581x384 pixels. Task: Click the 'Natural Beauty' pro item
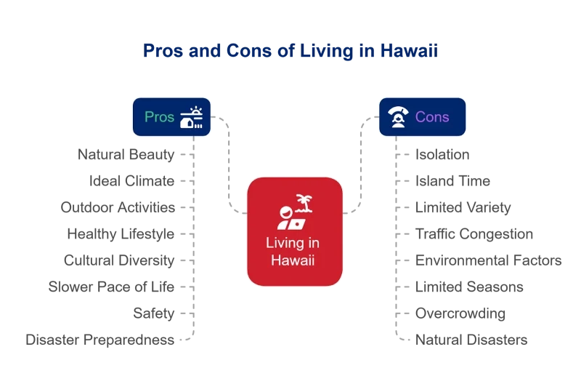[x=126, y=155]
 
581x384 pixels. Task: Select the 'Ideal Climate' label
[x=132, y=181]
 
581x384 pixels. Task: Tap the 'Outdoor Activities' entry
[x=118, y=207]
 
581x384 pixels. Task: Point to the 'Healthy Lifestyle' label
[x=121, y=234]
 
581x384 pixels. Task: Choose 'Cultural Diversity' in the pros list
[x=119, y=260]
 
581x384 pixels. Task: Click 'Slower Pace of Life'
[x=111, y=287]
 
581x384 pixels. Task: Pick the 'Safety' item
[x=154, y=313]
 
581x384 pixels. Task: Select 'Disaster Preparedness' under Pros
[x=100, y=340]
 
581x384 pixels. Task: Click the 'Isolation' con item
[x=442, y=155]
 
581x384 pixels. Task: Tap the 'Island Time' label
[x=452, y=181]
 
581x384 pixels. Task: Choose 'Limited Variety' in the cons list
[x=463, y=207]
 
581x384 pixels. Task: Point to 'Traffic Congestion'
[x=474, y=234]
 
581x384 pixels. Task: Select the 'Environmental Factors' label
[x=488, y=260]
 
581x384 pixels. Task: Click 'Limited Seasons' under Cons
[x=469, y=287]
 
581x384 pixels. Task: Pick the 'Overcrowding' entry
[x=460, y=313]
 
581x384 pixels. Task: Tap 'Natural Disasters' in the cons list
[x=471, y=340]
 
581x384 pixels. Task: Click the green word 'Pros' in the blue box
[x=159, y=117]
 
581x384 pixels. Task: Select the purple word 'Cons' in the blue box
[x=432, y=117]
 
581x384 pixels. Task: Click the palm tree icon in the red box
[x=304, y=204]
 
